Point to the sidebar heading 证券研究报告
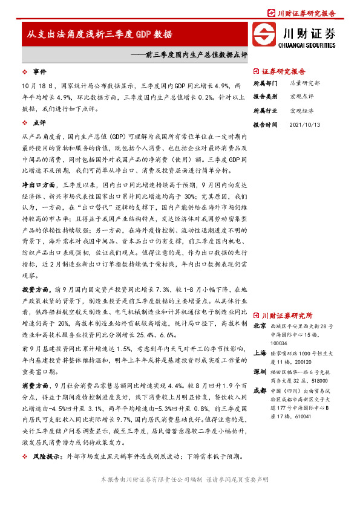286,71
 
